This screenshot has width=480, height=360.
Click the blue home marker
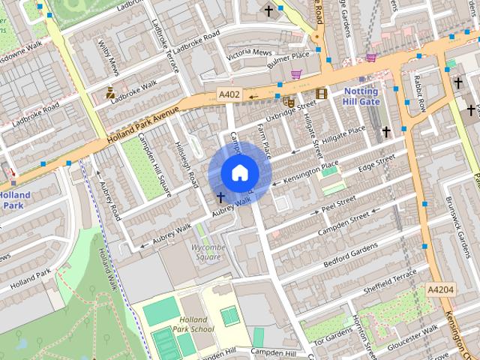tap(239, 172)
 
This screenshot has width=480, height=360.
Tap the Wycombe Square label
tap(207, 251)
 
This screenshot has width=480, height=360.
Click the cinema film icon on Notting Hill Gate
tap(322, 93)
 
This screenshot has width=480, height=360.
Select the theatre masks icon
tap(289, 101)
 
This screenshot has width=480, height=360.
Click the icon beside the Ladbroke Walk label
tap(111, 93)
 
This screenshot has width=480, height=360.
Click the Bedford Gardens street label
tap(350, 254)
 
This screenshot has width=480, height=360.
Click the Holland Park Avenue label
tap(142, 125)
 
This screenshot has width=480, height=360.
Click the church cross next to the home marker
tap(220, 198)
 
